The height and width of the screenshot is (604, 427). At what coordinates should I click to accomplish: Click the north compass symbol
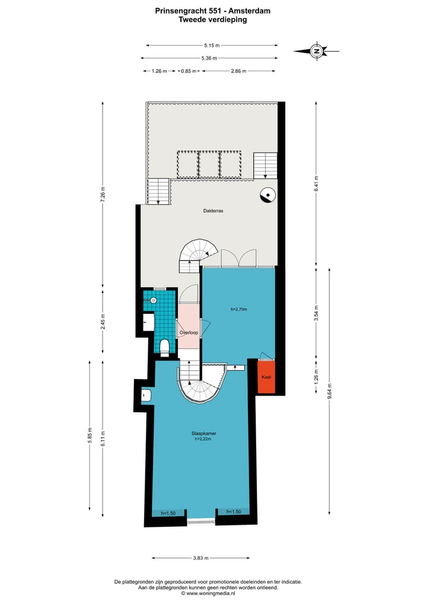click(x=317, y=52)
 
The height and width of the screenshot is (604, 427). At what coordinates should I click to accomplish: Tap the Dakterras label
click(x=212, y=210)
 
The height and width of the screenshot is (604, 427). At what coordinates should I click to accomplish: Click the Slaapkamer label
click(x=204, y=434)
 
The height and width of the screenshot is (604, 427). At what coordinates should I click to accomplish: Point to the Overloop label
click(x=189, y=333)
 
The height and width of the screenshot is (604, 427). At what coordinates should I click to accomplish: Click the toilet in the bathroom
click(x=164, y=346)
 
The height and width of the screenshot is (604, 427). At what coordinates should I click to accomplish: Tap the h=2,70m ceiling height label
click(x=238, y=309)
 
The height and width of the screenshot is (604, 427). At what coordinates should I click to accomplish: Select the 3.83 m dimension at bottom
click(x=200, y=558)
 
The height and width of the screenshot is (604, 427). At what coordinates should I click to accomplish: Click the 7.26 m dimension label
click(x=102, y=194)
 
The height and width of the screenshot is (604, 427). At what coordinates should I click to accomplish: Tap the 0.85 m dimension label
click(x=189, y=71)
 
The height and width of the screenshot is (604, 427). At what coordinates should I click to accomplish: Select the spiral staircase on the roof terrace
click(x=199, y=254)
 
